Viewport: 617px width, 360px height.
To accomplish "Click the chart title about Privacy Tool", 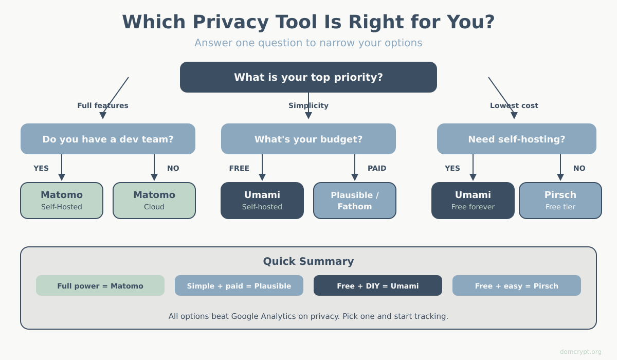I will pos(308,22).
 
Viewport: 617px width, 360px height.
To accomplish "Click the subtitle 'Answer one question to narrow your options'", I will pos(308,43).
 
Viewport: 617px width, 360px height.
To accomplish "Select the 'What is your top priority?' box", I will pos(308,77).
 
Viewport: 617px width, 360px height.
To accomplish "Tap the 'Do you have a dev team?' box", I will pos(108,139).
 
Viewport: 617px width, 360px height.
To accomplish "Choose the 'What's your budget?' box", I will pos(308,139).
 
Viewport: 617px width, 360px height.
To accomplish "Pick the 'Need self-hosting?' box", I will pos(517,139).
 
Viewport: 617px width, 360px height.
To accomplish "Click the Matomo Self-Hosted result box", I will pos(62,201).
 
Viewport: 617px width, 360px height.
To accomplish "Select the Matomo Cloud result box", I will pos(154,201).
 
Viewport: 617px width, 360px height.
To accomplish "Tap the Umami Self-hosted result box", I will pos(262,201).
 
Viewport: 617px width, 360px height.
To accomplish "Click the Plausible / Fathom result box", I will pos(355,201).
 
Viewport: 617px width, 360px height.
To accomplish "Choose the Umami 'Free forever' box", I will pos(473,201).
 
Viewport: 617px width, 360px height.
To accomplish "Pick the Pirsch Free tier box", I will pos(560,201).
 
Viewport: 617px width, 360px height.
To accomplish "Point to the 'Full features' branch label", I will pos(103,105).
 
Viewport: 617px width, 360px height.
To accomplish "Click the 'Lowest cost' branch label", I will pos(514,105).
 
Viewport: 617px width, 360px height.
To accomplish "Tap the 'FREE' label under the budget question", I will pos(239,168).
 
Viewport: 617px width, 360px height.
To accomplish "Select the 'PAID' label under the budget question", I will pos(377,168).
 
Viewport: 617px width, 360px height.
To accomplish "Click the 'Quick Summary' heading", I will pos(308,261).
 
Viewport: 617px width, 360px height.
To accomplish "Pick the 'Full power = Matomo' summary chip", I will pos(100,285).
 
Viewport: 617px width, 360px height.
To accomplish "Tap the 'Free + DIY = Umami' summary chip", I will pos(378,285).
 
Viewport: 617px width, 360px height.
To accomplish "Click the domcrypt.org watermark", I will pos(580,352).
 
